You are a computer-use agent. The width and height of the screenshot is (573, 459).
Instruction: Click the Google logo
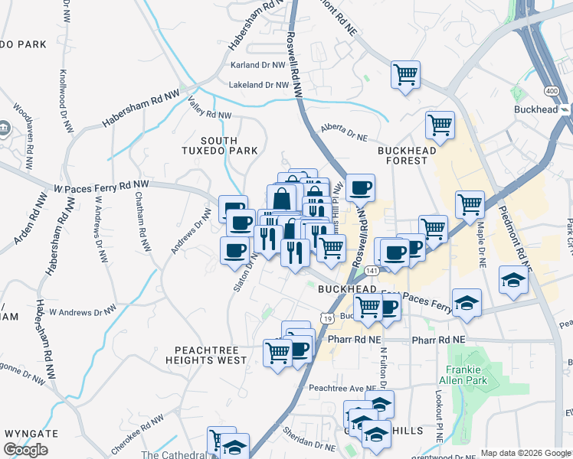(25, 450)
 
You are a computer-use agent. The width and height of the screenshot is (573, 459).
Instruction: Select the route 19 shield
(328, 318)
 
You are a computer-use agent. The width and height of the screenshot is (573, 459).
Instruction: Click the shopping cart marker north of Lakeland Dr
(405, 75)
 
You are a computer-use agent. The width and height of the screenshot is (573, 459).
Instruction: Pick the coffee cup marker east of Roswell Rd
(360, 187)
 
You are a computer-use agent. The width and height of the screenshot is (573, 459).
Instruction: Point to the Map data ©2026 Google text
(525, 453)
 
